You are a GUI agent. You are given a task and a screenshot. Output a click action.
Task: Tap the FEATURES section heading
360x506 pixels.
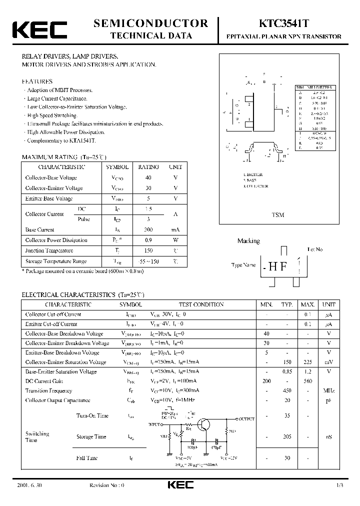pyautogui.click(x=36, y=81)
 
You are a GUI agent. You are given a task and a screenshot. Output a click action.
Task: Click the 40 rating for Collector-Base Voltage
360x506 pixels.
pyautogui.click(x=148, y=177)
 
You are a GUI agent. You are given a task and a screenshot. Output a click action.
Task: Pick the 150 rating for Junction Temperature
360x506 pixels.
pyautogui.click(x=148, y=250)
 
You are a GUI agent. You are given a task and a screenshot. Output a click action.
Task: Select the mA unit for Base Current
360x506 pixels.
pyautogui.click(x=175, y=229)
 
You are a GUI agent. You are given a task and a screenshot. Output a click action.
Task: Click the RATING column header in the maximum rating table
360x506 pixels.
pyautogui.click(x=148, y=167)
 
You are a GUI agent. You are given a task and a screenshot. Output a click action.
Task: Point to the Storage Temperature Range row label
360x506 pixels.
pyautogui.click(x=56, y=261)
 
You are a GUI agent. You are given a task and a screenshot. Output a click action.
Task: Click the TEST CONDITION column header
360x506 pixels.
pyautogui.click(x=201, y=304)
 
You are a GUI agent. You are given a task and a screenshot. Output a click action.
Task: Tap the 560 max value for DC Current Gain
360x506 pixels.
pyautogui.click(x=307, y=381)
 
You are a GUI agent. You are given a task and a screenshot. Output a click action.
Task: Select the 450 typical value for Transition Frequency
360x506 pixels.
pyautogui.click(x=286, y=390)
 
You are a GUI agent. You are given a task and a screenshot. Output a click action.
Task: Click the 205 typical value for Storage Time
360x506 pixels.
pyautogui.click(x=286, y=436)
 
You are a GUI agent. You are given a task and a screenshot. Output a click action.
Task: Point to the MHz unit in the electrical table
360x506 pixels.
pyautogui.click(x=328, y=390)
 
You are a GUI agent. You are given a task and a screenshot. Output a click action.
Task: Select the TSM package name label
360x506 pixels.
pyautogui.click(x=278, y=214)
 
